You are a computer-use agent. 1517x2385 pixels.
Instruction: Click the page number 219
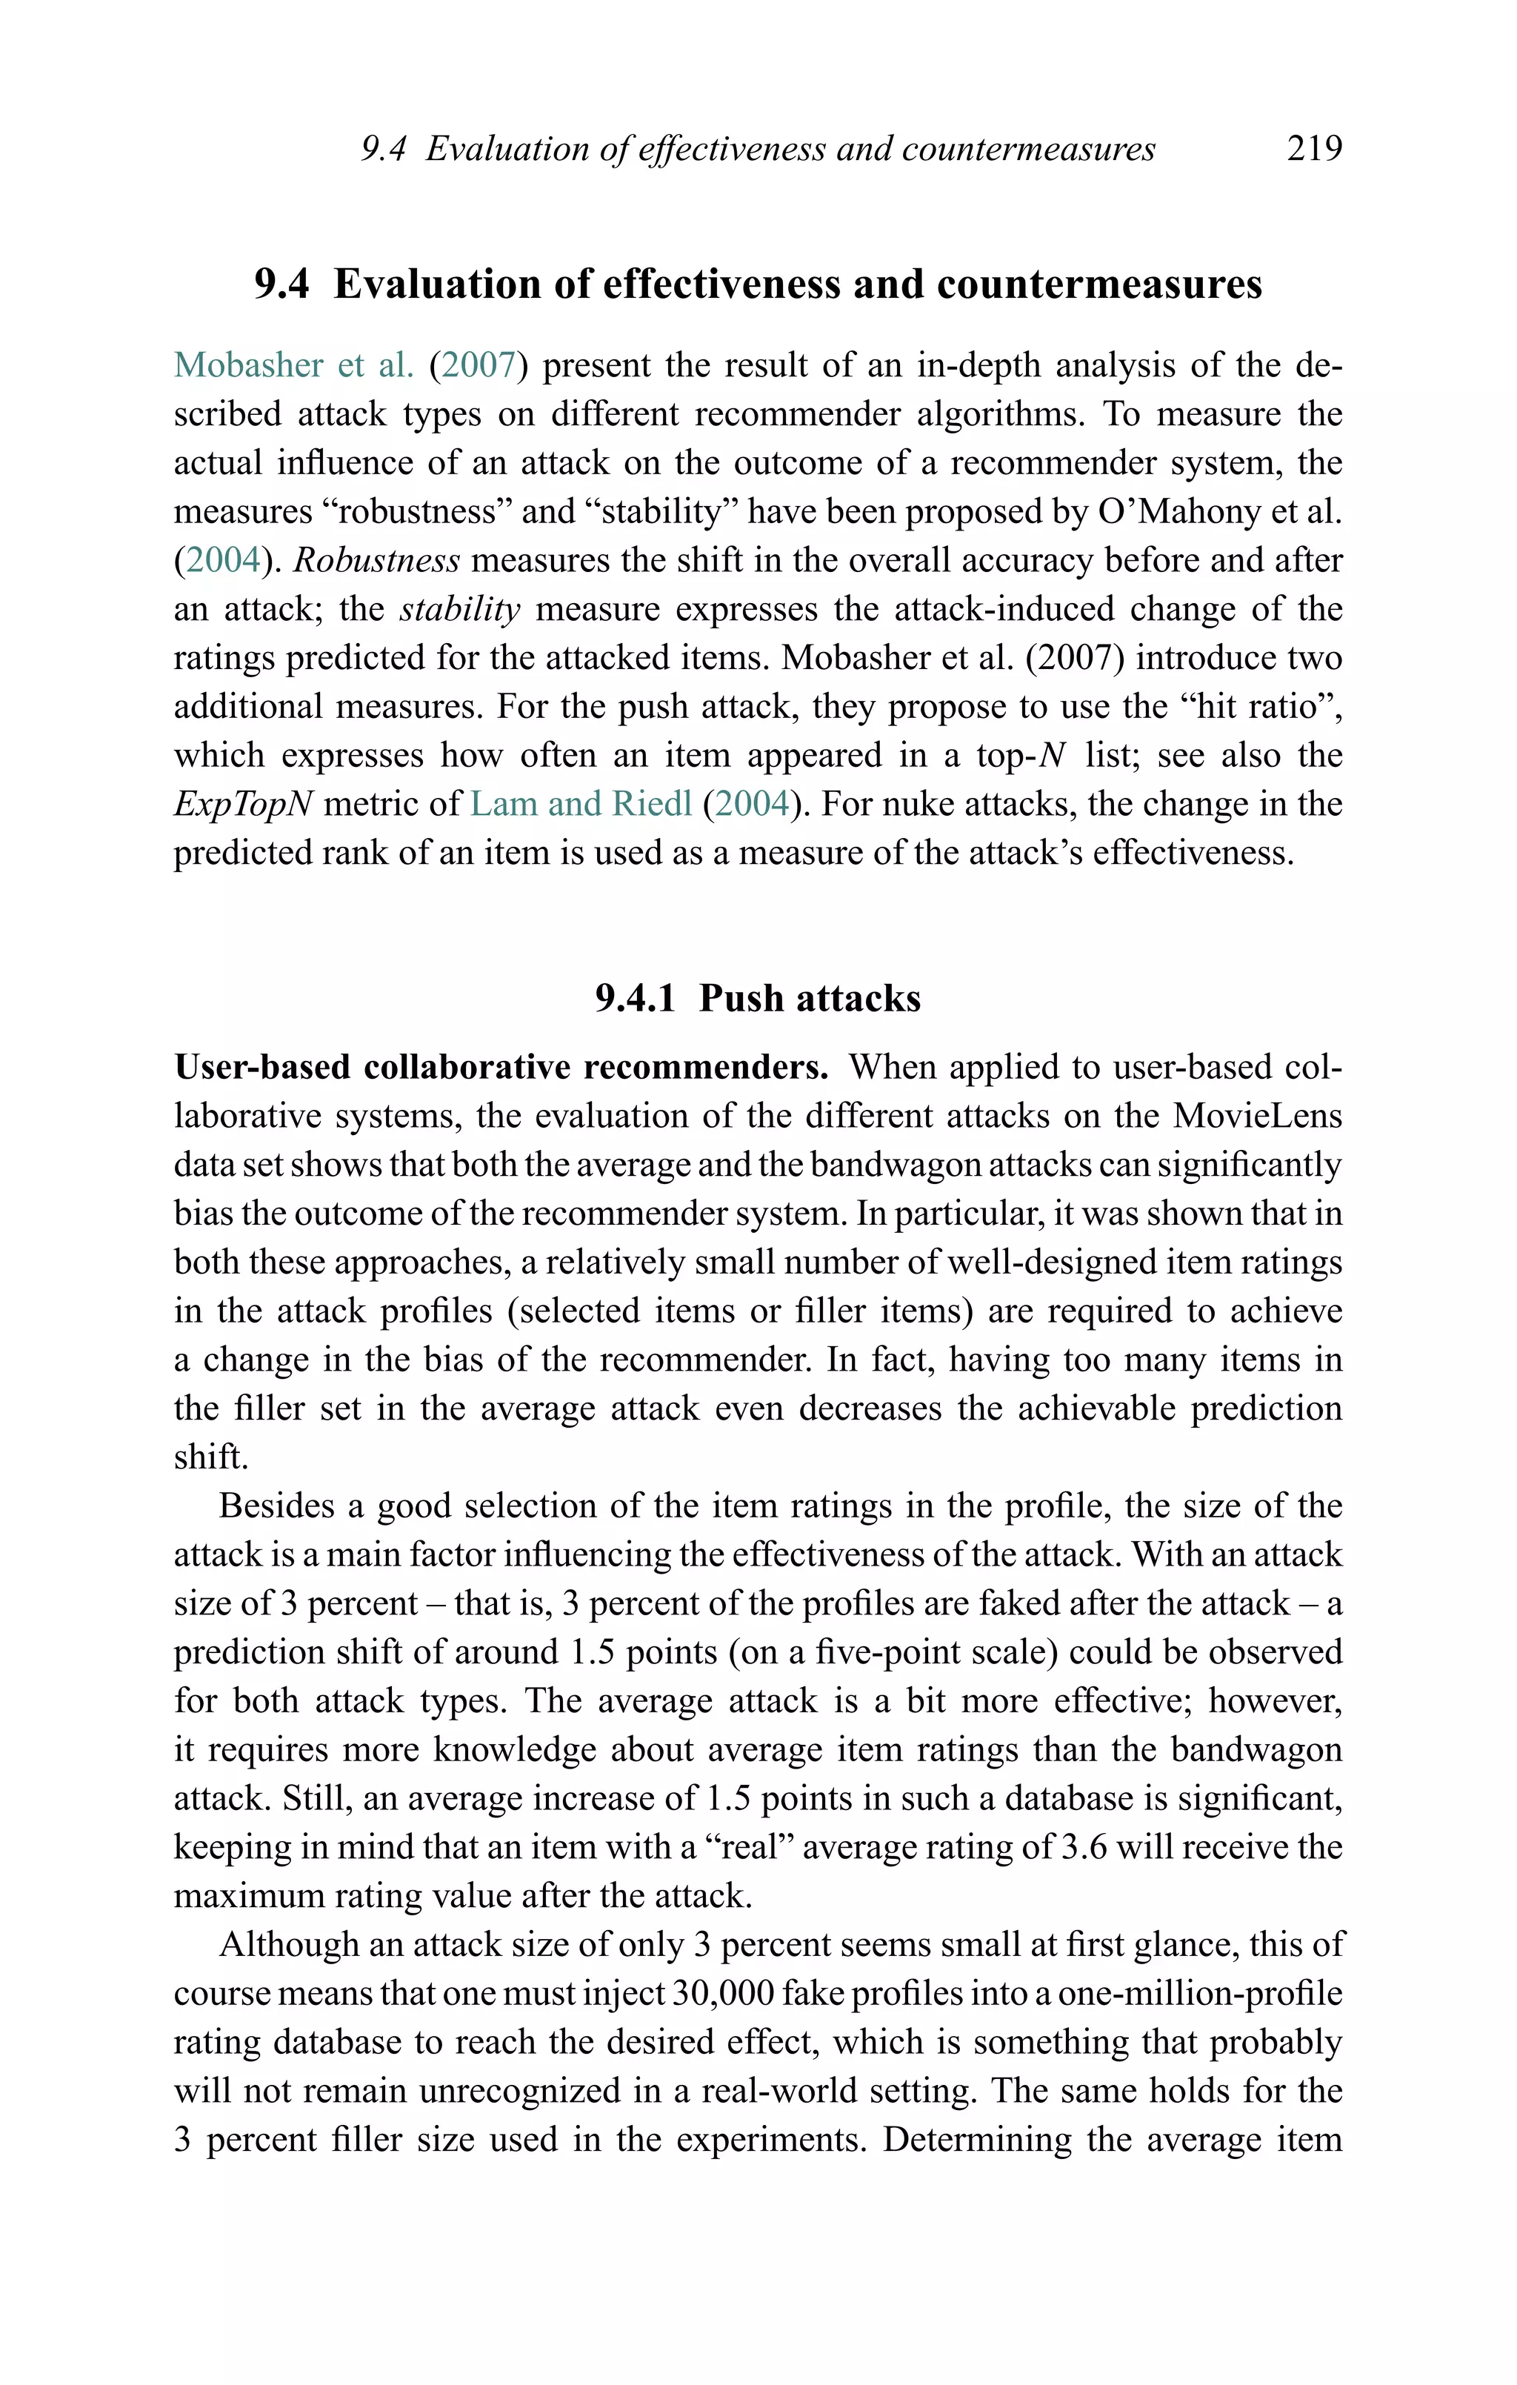point(1314,149)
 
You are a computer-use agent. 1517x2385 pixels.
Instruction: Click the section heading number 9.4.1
point(636,998)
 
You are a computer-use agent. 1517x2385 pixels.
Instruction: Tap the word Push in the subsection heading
point(734,998)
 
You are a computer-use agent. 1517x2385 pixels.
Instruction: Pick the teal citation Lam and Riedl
point(580,803)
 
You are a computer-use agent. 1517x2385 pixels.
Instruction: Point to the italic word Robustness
point(377,561)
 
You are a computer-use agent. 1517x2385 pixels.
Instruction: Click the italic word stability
point(459,609)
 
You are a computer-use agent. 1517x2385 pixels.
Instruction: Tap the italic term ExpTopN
point(244,803)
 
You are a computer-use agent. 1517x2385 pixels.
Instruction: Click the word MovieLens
point(1258,1117)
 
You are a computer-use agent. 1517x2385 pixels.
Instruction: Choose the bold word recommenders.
point(706,1068)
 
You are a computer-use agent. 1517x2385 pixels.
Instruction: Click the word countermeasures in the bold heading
point(1099,285)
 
